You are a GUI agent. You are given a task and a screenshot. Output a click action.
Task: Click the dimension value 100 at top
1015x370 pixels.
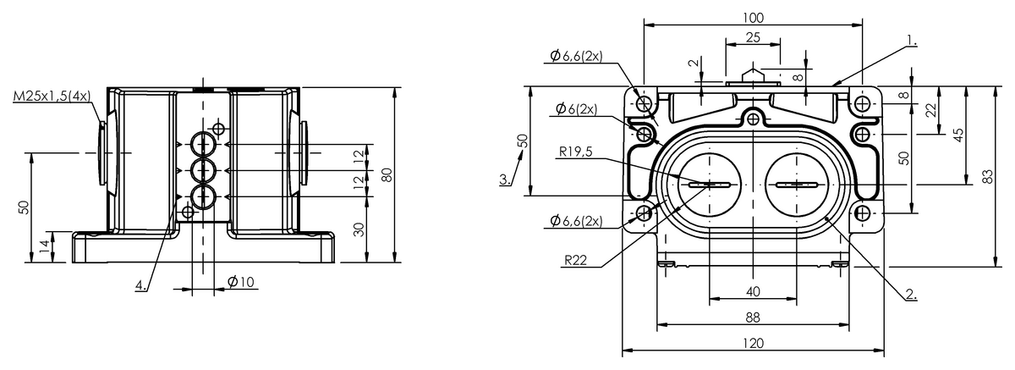pyautogui.click(x=753, y=17)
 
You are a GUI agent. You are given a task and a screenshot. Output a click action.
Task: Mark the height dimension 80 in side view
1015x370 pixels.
pyautogui.click(x=387, y=174)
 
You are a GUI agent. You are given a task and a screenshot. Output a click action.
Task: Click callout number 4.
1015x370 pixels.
pyautogui.click(x=140, y=286)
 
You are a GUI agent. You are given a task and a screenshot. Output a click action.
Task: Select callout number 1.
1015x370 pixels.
pyautogui.click(x=911, y=39)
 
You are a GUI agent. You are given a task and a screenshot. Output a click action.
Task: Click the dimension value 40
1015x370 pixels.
pyautogui.click(x=753, y=291)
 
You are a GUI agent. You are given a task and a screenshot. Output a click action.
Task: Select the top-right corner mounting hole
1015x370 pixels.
pyautogui.click(x=862, y=104)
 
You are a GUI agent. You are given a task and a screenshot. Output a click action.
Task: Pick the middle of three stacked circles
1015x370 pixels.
pyautogui.click(x=203, y=170)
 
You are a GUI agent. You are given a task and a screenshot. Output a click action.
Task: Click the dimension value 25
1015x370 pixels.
pyautogui.click(x=753, y=37)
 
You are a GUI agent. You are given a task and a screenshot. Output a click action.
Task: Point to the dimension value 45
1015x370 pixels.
pyautogui.click(x=958, y=135)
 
